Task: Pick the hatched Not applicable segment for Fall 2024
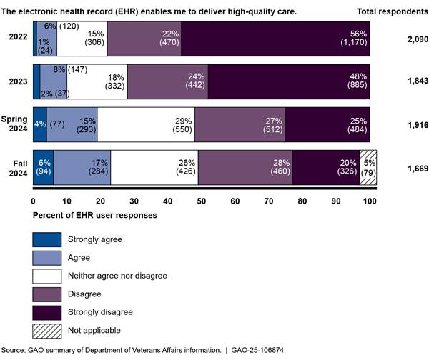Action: click(368, 168)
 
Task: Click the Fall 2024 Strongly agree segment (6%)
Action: click(43, 168)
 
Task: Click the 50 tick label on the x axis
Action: click(202, 202)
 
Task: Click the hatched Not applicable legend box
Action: click(46, 331)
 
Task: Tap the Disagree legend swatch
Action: click(46, 294)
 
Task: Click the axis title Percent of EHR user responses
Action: click(96, 214)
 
